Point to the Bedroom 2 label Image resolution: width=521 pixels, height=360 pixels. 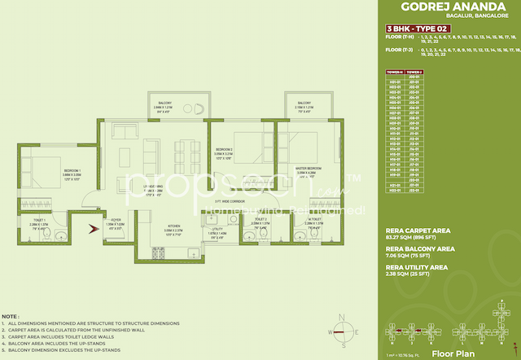[x=224, y=149]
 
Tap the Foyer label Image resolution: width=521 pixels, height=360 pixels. [x=116, y=219]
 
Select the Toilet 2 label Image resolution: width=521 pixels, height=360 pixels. [x=260, y=220]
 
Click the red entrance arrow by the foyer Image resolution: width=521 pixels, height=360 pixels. [x=93, y=228]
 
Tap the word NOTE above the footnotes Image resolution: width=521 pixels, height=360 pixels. [x=11, y=315]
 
